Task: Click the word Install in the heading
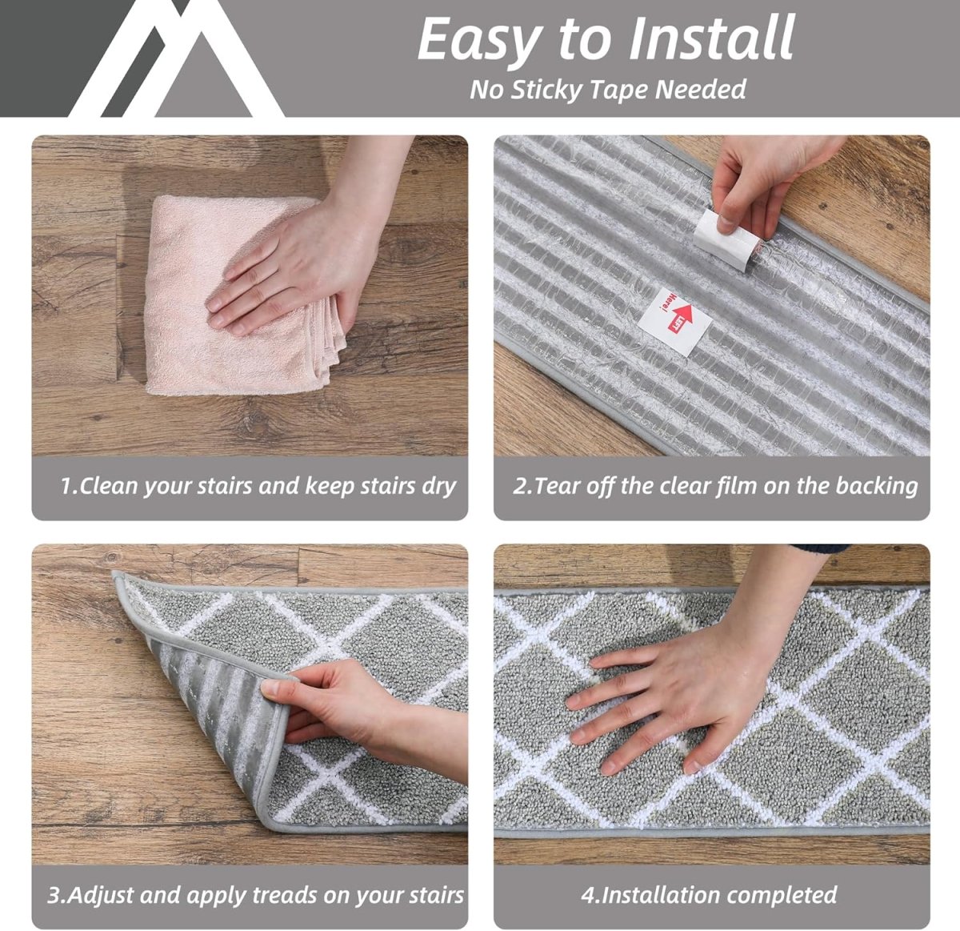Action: coord(711,38)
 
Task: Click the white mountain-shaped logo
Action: coord(175,58)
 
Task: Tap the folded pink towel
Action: coord(237,296)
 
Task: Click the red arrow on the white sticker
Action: coord(680,317)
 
